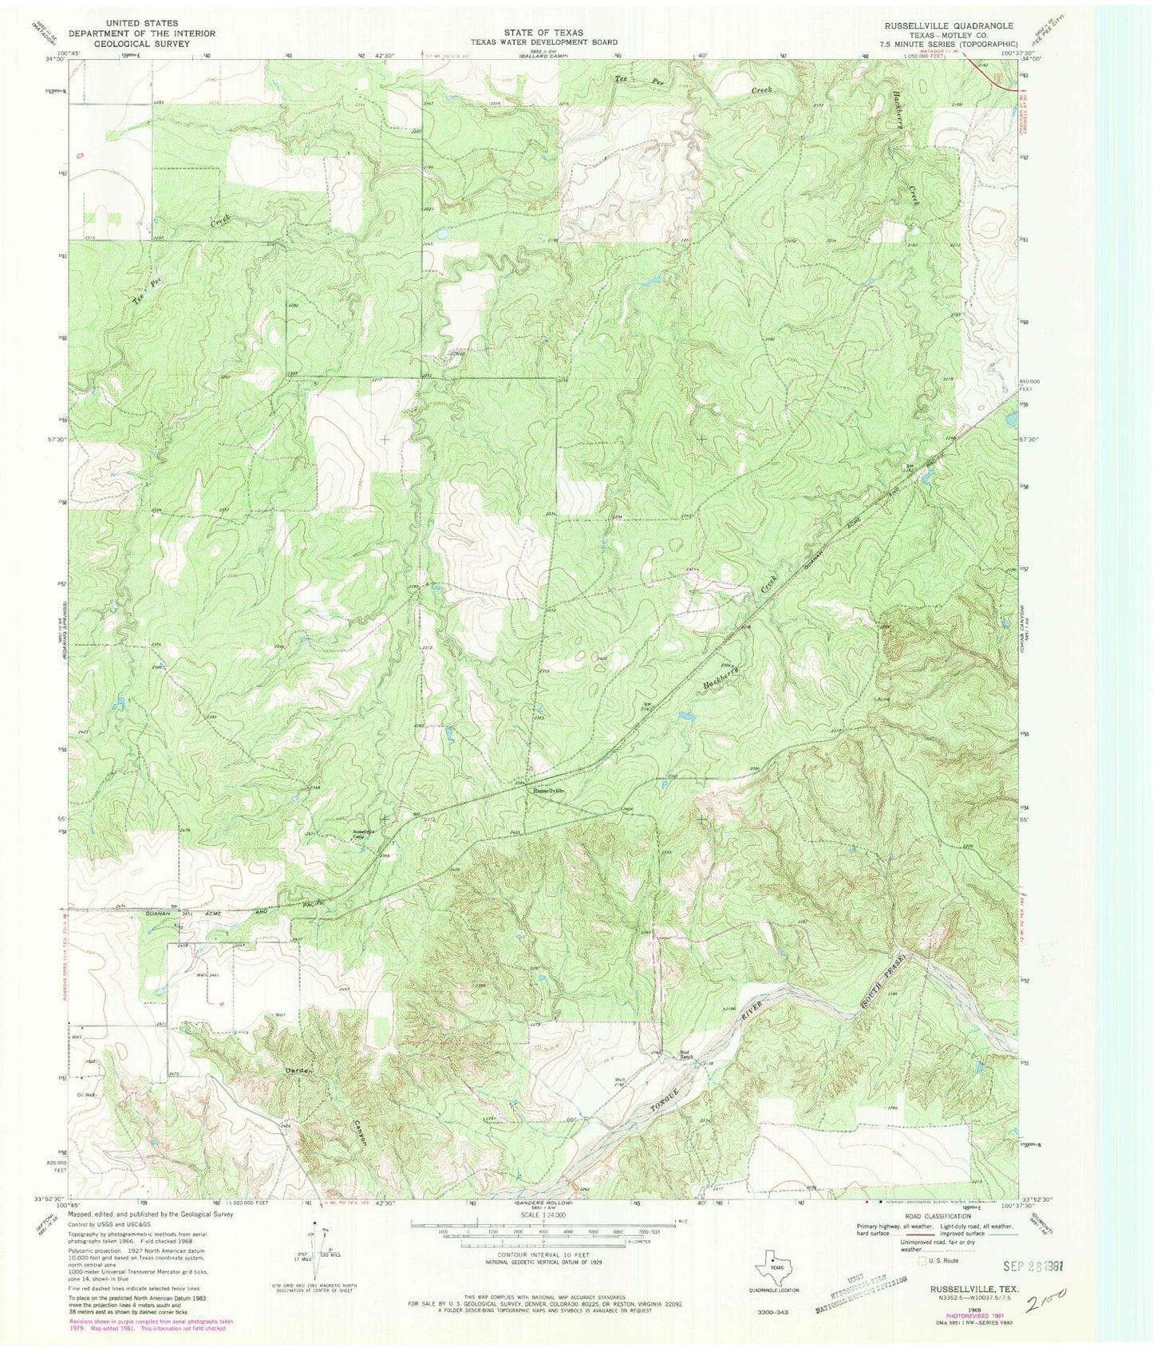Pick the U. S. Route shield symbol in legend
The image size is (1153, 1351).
click(925, 1261)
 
